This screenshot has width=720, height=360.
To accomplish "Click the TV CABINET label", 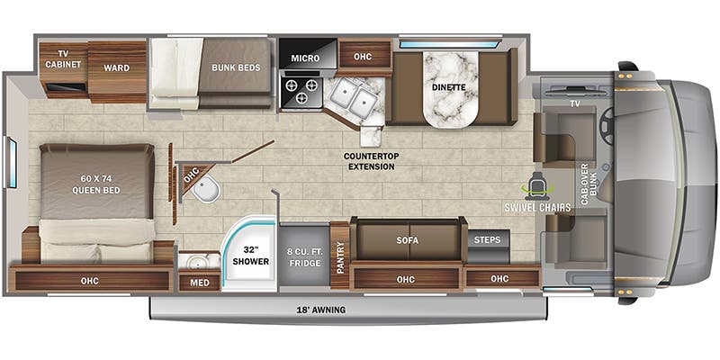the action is (x=63, y=59).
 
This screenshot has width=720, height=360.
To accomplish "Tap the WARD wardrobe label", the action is (x=117, y=68).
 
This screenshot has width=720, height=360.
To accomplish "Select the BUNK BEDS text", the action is (x=236, y=68).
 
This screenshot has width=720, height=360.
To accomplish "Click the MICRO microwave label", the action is (x=305, y=58).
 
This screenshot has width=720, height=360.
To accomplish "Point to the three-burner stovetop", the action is (x=302, y=91).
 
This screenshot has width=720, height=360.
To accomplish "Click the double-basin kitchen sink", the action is (x=354, y=97).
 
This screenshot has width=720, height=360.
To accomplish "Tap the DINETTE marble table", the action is (x=451, y=89).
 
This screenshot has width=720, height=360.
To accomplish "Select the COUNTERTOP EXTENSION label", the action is (x=372, y=161).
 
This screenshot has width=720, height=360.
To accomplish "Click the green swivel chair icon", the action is (x=538, y=184).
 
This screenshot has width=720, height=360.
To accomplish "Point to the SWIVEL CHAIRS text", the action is (x=537, y=208).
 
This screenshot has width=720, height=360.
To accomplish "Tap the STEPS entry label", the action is (x=488, y=240).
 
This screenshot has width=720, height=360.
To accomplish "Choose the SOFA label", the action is (x=408, y=240).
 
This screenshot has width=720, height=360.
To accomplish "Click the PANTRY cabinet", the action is (x=340, y=256).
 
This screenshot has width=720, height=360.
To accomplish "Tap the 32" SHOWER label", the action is (x=250, y=256).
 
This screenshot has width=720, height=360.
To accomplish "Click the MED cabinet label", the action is (x=200, y=282).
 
